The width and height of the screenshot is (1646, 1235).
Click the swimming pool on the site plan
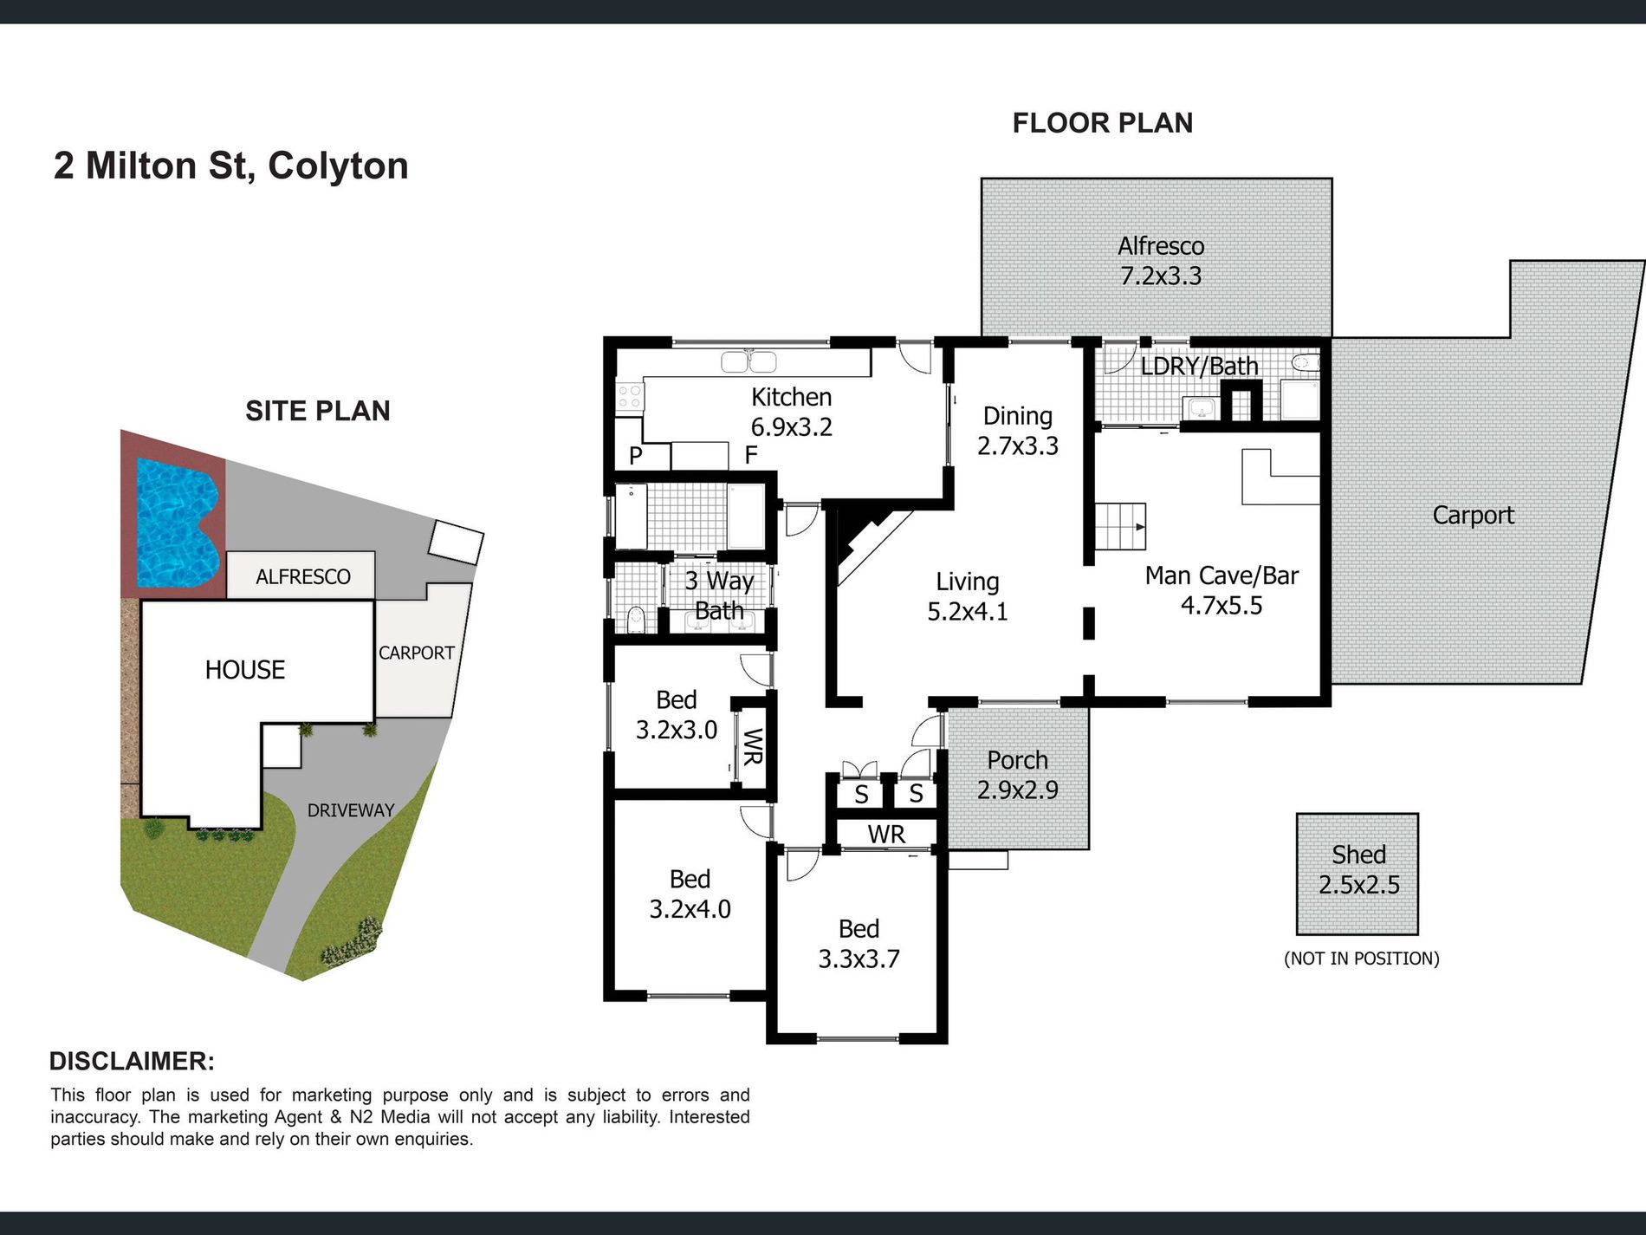[178, 522]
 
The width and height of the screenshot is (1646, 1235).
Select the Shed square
[1357, 874]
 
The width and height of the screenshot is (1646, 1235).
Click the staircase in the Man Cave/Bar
[1121, 527]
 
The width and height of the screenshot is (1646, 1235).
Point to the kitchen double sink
[748, 361]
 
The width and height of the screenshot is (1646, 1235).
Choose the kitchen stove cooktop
[630, 397]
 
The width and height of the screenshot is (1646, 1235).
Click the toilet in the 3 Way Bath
[636, 619]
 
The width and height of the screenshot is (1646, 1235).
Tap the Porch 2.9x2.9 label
[1017, 775]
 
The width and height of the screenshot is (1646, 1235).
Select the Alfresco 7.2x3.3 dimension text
[1161, 276]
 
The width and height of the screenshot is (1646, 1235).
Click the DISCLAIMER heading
[132, 1062]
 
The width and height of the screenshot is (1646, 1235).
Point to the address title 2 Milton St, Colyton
[231, 166]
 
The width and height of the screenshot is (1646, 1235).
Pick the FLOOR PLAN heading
[1103, 123]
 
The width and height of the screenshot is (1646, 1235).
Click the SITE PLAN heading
[318, 411]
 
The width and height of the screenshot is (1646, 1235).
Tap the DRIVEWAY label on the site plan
[351, 810]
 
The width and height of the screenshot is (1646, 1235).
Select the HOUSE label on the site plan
[245, 670]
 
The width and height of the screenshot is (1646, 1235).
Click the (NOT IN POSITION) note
[1362, 959]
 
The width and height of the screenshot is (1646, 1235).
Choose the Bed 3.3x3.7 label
[859, 944]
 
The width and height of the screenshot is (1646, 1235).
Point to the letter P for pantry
[636, 456]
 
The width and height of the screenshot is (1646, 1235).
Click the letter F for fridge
[751, 455]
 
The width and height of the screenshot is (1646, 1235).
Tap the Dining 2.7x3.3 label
[1018, 431]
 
